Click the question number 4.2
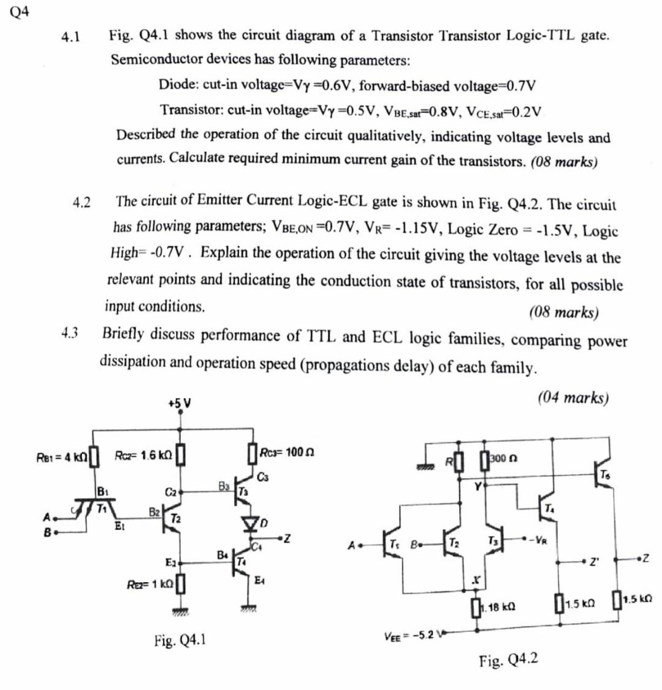point(81,202)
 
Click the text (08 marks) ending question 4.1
point(563,162)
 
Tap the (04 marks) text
point(573,398)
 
